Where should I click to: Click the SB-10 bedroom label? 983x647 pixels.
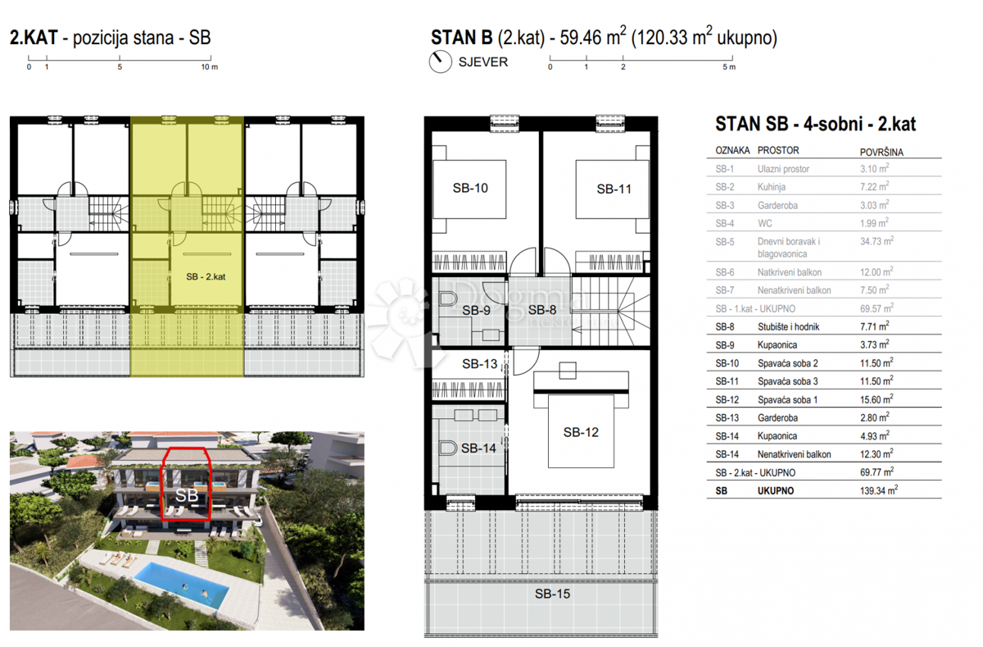pyautogui.click(x=470, y=188)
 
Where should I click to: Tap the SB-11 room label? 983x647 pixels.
pyautogui.click(x=614, y=189)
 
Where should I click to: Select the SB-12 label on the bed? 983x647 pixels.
pyautogui.click(x=581, y=432)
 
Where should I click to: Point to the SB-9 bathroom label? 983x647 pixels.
pyautogui.click(x=476, y=311)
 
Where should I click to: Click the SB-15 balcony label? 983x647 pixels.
pyautogui.click(x=552, y=594)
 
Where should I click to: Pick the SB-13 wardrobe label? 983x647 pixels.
pyautogui.click(x=480, y=364)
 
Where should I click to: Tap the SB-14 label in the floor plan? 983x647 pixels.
pyautogui.click(x=478, y=448)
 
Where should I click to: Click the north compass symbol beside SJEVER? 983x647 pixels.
pyautogui.click(x=440, y=62)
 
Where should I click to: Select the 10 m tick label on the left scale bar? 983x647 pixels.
pyautogui.click(x=210, y=67)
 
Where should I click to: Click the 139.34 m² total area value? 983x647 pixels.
pyautogui.click(x=878, y=490)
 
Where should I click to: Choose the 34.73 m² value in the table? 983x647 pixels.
pyautogui.click(x=877, y=241)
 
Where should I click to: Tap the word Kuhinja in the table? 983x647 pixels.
pyautogui.click(x=772, y=187)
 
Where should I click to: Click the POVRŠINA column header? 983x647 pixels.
pyautogui.click(x=881, y=153)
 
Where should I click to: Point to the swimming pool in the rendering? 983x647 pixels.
pyautogui.click(x=181, y=585)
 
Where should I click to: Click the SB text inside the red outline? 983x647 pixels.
pyautogui.click(x=187, y=495)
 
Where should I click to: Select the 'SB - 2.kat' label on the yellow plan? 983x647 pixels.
pyautogui.click(x=206, y=276)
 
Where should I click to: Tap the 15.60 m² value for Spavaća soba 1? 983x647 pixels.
pyautogui.click(x=877, y=399)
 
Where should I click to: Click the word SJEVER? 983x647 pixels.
pyautogui.click(x=483, y=62)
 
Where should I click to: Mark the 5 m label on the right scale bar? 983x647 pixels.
pyautogui.click(x=729, y=67)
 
